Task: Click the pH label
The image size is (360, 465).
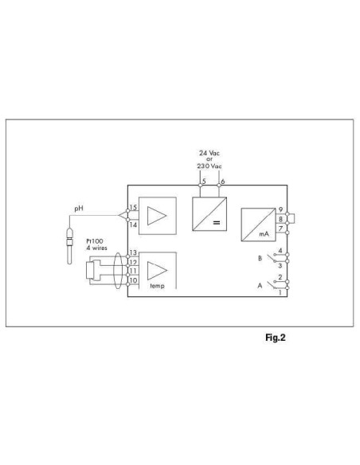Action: (x=78, y=209)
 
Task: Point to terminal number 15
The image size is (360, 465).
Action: (x=134, y=208)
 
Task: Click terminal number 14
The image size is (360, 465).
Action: (x=134, y=225)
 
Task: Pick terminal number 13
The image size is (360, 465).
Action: (x=134, y=252)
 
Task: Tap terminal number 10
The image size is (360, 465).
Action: (x=134, y=280)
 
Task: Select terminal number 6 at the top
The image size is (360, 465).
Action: (x=221, y=182)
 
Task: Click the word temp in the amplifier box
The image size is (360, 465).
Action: (x=157, y=285)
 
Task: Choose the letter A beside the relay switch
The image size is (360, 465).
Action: (x=259, y=284)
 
